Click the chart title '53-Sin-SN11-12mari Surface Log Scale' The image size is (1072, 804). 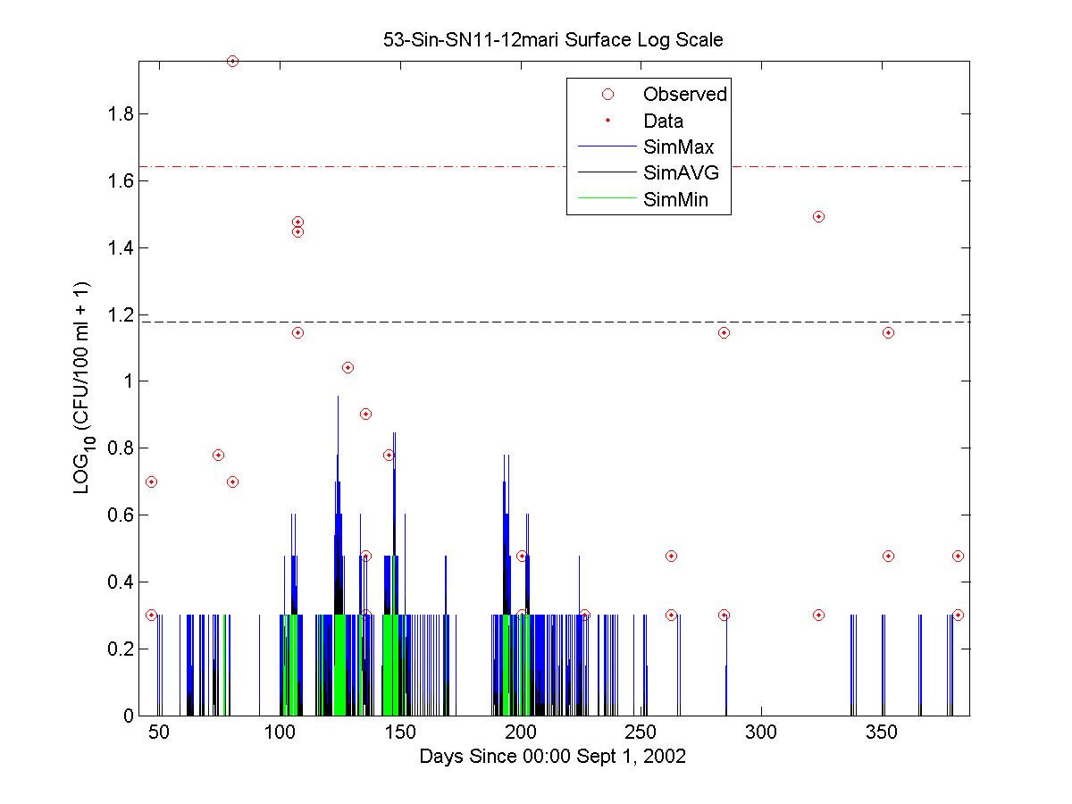point(553,40)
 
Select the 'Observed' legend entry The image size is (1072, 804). point(684,94)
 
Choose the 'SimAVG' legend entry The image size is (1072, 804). point(681,173)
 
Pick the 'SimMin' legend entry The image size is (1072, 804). point(675,200)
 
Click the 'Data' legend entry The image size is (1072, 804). point(663,121)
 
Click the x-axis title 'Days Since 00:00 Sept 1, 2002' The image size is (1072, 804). point(553,757)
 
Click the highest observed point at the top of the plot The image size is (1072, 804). point(232,61)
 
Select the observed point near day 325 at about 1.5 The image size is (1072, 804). point(818,216)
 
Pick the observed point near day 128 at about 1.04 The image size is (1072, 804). point(348,367)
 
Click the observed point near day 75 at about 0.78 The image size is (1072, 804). point(218,455)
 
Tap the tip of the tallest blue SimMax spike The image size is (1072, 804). point(338,396)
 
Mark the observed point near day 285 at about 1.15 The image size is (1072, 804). point(724,332)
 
